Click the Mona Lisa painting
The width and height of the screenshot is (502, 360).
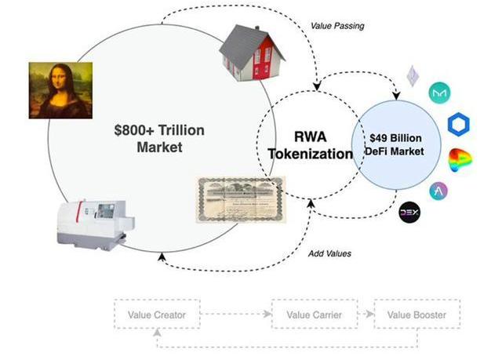[56, 89]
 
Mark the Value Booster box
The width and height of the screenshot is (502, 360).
[417, 315]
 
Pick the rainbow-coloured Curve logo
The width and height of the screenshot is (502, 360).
[462, 162]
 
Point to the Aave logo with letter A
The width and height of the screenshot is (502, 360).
[439, 191]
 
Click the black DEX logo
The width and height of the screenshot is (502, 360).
[411, 212]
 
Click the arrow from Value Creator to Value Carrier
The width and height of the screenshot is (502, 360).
[236, 315]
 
